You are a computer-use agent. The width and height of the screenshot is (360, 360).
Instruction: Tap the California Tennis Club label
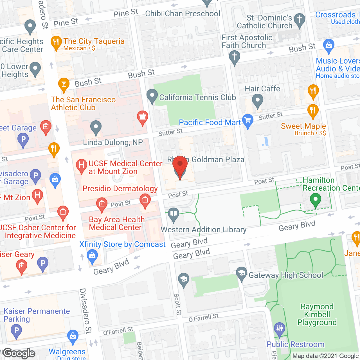pos(197,97)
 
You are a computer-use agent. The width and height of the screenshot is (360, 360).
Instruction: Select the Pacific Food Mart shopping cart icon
pos(248,121)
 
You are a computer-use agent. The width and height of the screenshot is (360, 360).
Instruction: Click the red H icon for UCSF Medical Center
pos(82,165)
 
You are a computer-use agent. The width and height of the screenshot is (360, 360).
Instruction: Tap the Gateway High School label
pos(286,275)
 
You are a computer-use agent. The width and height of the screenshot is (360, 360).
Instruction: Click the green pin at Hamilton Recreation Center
pos(316,200)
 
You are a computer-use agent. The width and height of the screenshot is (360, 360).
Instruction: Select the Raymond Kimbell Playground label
pos(317,314)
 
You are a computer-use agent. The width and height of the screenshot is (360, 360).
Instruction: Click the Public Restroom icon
pos(280,328)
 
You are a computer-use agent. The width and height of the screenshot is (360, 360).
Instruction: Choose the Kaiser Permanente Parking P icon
pos(16,330)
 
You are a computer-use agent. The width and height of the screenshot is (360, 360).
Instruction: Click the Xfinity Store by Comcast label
pos(122,244)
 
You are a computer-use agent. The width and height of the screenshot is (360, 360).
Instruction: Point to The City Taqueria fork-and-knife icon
pos(56,42)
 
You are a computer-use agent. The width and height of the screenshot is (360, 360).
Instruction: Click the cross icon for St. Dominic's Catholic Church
pos(300,20)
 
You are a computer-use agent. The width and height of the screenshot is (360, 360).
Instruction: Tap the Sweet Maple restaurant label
pos(303,126)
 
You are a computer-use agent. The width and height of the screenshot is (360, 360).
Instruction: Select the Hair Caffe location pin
pos(257,100)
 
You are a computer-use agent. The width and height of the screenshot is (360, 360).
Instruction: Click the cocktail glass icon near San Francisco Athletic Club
pos(64,84)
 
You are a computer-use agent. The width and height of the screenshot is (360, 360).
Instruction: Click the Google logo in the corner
pos(19,353)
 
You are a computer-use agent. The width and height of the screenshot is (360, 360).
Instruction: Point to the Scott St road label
pos(177,304)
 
